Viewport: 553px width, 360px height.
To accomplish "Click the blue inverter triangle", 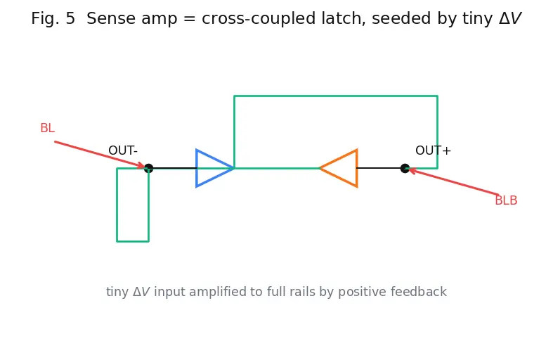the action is tap(197, 168).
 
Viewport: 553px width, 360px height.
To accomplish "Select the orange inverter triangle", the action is tap(356, 168).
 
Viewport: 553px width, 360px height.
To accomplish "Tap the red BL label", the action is tap(48, 128).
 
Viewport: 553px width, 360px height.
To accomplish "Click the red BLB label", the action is tap(506, 200).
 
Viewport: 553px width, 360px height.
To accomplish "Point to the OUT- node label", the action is tap(123, 150).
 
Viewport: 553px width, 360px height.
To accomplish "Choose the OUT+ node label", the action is tap(433, 150).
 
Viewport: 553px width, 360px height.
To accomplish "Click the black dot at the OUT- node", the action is tap(148, 168).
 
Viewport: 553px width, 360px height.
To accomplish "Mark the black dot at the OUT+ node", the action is tap(405, 168).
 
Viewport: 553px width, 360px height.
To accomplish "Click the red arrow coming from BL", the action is tap(100, 154).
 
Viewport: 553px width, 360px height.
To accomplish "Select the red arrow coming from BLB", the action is tap(453, 182).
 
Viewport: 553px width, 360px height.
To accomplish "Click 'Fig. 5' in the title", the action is tap(53, 18).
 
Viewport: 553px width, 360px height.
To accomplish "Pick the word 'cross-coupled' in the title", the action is tap(259, 18).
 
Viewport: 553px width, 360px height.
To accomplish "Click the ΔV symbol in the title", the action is tap(510, 18).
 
